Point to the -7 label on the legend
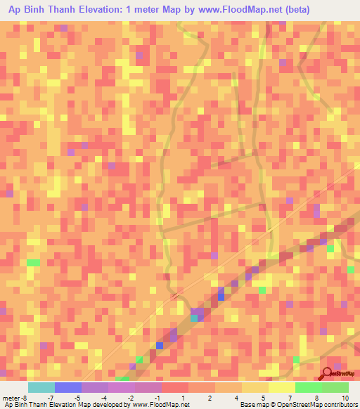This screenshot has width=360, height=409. [51, 398]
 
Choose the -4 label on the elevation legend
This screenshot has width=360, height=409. [103, 398]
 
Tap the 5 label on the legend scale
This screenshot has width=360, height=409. [263, 398]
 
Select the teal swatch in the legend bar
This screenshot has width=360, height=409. [41, 387]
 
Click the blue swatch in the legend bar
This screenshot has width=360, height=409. [67, 387]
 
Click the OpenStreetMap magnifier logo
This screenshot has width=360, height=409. [327, 374]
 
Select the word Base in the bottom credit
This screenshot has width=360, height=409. [247, 405]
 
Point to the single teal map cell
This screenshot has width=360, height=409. [194, 318]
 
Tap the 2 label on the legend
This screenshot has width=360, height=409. [210, 398]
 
